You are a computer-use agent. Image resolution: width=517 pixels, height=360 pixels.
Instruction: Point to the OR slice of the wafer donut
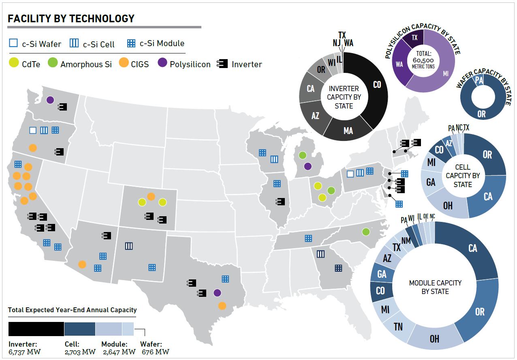[481, 114]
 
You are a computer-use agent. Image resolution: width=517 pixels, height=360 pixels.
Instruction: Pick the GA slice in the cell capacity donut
[431, 182]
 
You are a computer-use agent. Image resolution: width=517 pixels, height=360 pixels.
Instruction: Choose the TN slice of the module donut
[398, 326]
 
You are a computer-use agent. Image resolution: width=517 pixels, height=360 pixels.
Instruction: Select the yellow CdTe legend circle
[13, 64]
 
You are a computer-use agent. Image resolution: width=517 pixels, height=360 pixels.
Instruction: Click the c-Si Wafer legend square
[13, 43]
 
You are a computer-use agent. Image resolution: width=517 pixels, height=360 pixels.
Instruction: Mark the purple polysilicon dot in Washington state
[50, 100]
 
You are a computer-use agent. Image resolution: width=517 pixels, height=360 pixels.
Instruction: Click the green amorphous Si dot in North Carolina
[366, 232]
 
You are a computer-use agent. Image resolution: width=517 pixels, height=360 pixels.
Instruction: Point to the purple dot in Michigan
[308, 166]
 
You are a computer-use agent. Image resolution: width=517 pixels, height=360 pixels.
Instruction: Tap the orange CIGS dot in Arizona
[82, 264]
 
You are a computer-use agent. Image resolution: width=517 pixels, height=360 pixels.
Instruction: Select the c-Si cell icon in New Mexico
[129, 245]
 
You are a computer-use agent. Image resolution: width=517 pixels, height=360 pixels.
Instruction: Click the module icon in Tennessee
[308, 238]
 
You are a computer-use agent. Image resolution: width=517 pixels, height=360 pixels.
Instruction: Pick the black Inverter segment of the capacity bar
[36, 329]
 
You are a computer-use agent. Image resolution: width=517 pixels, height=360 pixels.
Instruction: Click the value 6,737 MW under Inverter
[25, 351]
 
